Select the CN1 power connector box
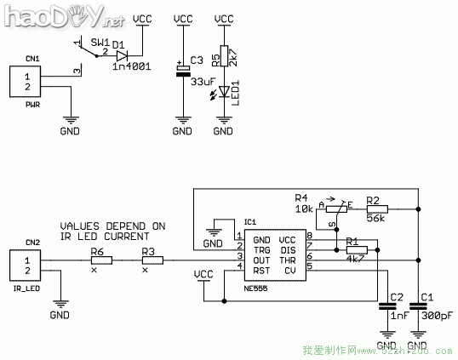coord(27,82)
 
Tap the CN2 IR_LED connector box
coord(27,264)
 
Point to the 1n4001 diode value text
coord(129,66)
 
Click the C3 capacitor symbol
coord(182,71)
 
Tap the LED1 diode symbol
coord(223,91)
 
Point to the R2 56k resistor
coord(376,208)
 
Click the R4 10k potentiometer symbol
coord(334,209)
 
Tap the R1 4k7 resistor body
coord(357,251)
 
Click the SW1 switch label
coord(100,42)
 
